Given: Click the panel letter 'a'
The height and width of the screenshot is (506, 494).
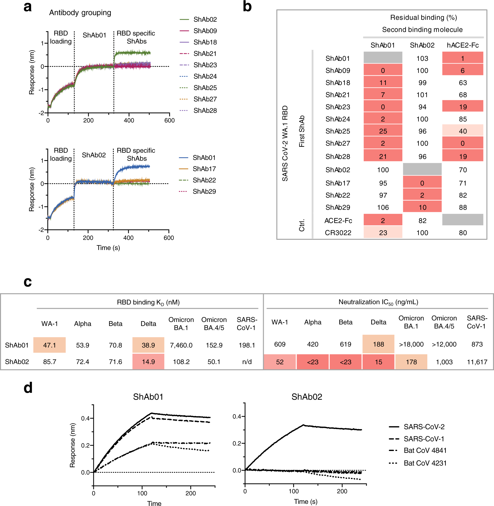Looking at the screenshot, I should coord(27,7).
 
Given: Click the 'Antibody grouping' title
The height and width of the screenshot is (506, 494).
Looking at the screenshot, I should coord(80,13).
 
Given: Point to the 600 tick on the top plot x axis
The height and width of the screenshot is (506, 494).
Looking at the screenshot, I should coord(169,120).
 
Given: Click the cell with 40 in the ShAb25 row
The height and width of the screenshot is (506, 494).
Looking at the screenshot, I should coord(463,131).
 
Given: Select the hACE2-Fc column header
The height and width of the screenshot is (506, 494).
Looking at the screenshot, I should coord(463,45).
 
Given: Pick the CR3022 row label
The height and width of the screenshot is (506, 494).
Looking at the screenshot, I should coord(338,233).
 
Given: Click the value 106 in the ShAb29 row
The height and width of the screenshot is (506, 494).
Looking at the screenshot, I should coord(383,207).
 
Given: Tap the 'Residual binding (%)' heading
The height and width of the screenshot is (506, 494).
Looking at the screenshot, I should coord(423,18).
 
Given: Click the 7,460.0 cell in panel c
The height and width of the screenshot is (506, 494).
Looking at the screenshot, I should coord(181,345).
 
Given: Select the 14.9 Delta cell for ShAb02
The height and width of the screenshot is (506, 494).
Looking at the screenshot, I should coord(148,362).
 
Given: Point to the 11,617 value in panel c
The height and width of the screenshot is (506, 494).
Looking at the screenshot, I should coord(477,362).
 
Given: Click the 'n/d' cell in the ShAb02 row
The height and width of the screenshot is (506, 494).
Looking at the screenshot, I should coord(247,362).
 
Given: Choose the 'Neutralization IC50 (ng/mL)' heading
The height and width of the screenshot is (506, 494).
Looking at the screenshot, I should coord(378,302).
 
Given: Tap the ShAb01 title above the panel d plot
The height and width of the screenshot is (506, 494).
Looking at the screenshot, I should coord(148,397).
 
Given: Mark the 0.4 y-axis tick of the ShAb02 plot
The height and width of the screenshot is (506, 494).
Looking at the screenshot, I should coord(237,417).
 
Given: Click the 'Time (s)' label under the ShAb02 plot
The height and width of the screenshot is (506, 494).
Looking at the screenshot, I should coord(305,502).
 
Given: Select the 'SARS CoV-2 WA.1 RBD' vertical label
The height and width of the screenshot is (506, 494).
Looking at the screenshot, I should coord(285,143).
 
